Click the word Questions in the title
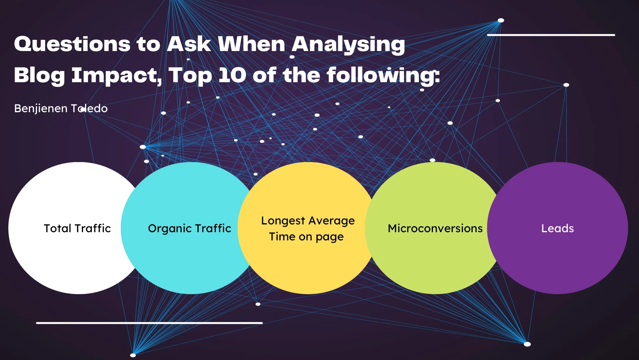pos(72,44)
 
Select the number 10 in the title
pos(232,75)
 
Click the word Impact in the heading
pos(117,76)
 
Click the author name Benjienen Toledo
pos(61,108)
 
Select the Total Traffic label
pos(77,228)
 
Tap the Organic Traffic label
pos(189,228)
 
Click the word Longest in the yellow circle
pos(283,221)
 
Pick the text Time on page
pos(306,237)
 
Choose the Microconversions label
pos(435,228)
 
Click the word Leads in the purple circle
pos(558,228)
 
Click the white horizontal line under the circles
pos(149,323)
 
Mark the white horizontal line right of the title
pos(551,35)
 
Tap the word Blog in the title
pos(39,76)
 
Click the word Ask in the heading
pos(189,44)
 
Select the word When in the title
pos(251,44)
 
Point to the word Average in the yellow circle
pos(332,221)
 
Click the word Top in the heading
pos(190,76)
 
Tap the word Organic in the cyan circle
pos(168,229)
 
